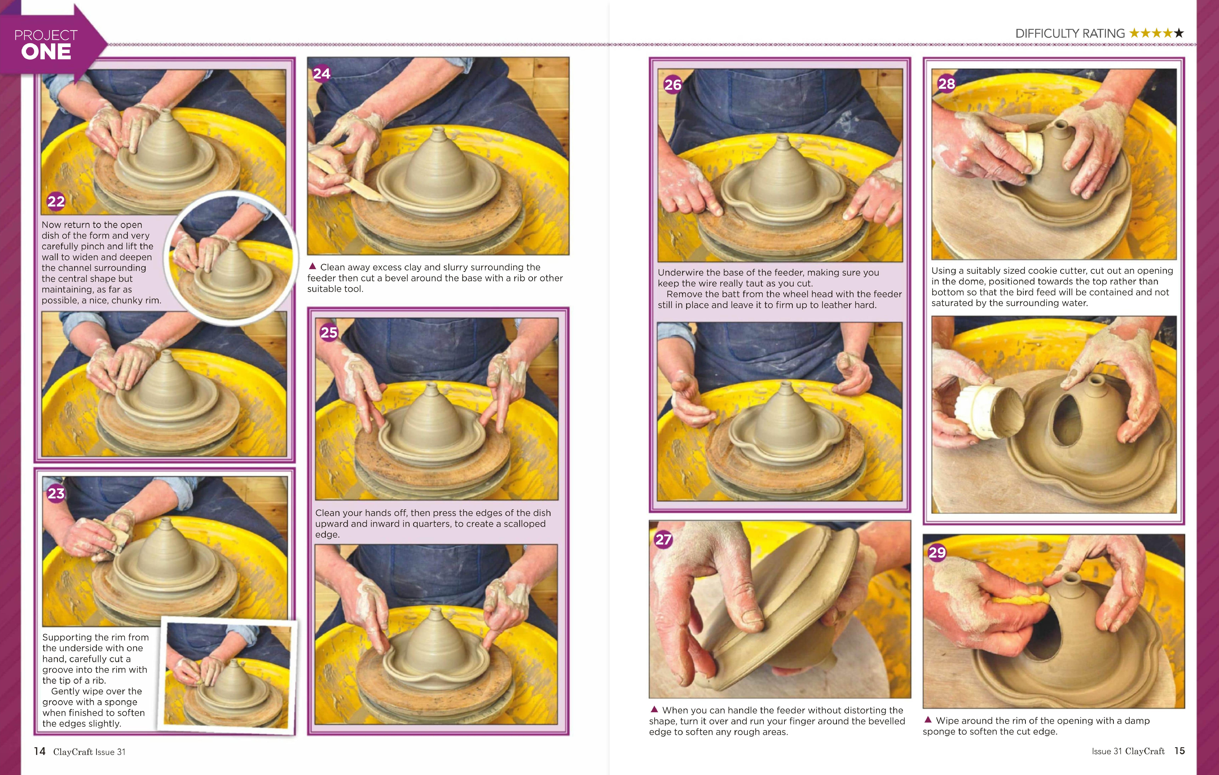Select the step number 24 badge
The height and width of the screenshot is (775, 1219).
[x=322, y=74]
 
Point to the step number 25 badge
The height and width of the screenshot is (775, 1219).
[x=329, y=332]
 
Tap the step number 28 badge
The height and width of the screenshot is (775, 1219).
[x=947, y=84]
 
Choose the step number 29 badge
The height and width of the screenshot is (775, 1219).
[x=937, y=552]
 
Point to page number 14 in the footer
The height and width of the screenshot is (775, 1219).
[x=40, y=751]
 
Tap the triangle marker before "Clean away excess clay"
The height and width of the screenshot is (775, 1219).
[x=312, y=266]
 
